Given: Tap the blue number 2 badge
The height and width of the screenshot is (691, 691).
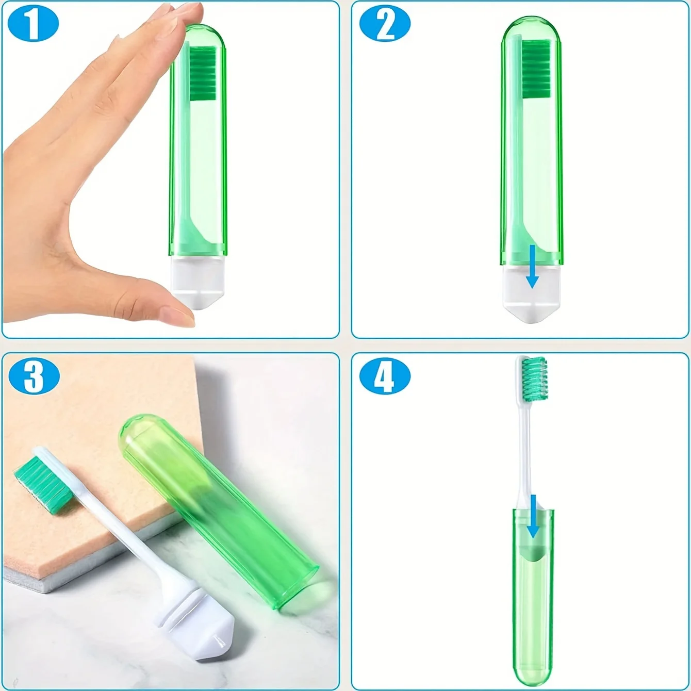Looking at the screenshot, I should pyautogui.click(x=385, y=24).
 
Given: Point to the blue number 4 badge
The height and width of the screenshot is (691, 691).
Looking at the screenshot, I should pyautogui.click(x=385, y=376).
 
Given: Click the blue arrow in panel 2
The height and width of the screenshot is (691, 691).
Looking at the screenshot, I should pyautogui.click(x=532, y=268).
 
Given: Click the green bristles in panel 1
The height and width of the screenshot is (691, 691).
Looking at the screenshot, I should pyautogui.click(x=203, y=73).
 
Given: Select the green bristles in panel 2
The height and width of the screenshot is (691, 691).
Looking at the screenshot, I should pyautogui.click(x=536, y=69).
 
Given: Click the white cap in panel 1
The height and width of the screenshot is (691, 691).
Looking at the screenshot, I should pyautogui.click(x=198, y=281).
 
